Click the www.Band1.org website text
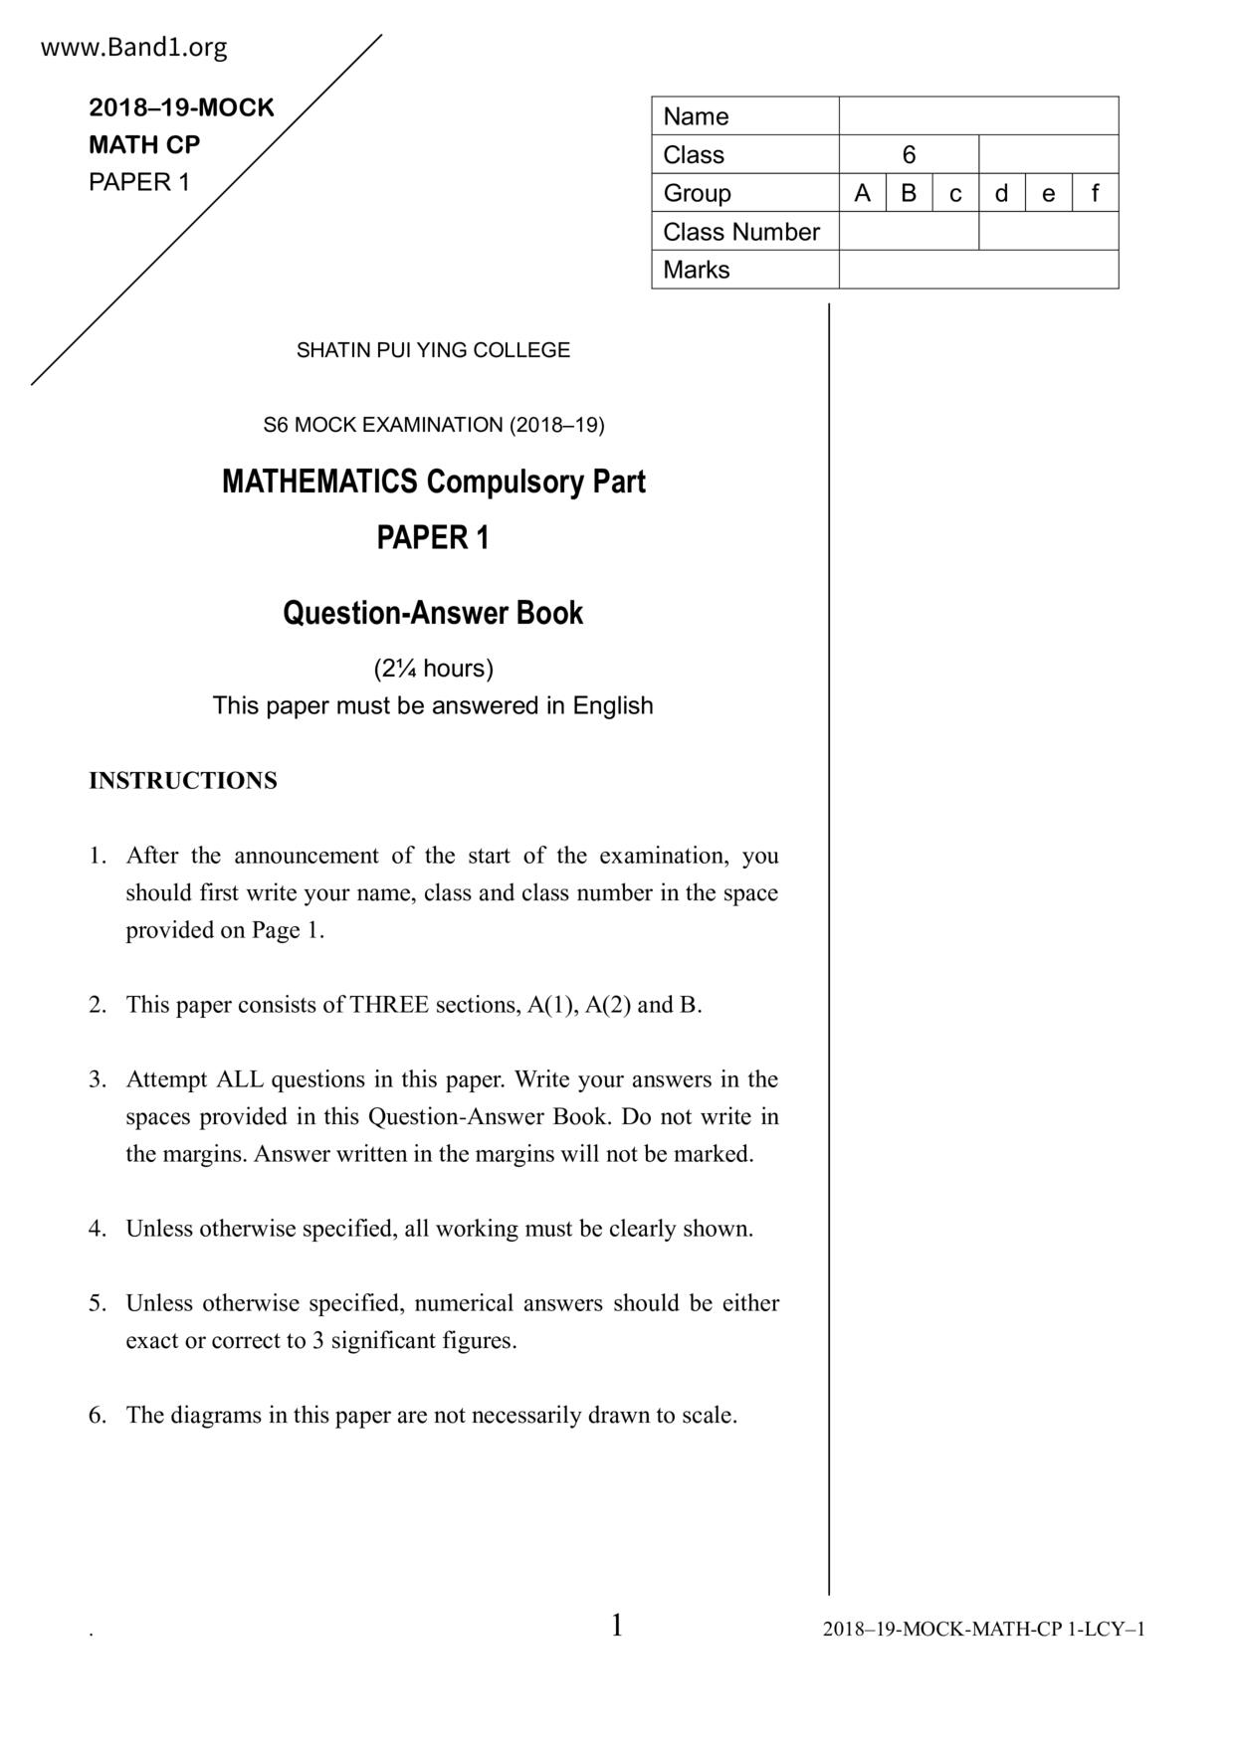133,48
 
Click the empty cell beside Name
978,116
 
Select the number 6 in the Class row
909,155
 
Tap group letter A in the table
862,193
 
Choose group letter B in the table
909,193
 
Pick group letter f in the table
1095,193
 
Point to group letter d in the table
1001,193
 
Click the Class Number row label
741,232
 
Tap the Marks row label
697,270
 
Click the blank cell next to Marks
978,270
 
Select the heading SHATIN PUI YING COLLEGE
433,350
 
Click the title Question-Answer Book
433,613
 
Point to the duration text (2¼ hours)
433,669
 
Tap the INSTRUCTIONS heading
183,781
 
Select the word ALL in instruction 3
240,1079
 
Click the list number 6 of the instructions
97,1416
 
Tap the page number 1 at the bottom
617,1626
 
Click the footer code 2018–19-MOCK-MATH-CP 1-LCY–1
983,1630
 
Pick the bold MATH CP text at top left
144,145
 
